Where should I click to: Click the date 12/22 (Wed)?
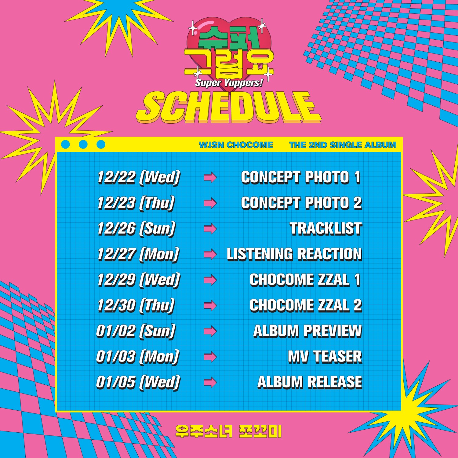coord(139,178)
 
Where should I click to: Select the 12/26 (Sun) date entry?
coord(136,229)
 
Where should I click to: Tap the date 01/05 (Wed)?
coord(138,382)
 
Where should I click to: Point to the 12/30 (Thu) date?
coord(136,305)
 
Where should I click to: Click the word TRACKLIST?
coord(326,229)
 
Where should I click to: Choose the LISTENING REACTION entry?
coord(294,254)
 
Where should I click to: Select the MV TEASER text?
coord(325,357)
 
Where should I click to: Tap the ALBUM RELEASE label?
coord(310,382)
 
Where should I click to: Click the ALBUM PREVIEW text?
coord(308,331)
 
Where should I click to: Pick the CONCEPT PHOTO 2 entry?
coord(302,203)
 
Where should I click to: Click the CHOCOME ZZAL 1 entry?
coord(305,280)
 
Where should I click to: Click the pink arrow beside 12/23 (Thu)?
coord(210,203)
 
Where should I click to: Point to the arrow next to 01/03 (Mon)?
coord(210,357)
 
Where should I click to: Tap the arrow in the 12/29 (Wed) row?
coord(210,280)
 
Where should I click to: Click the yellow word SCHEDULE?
coord(229,107)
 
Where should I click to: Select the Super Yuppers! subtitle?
coord(229,83)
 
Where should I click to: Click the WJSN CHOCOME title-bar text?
coord(236,145)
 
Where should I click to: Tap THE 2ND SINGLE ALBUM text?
coord(343,145)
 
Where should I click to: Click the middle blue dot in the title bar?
coord(83,144)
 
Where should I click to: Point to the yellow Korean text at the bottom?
coord(229,431)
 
